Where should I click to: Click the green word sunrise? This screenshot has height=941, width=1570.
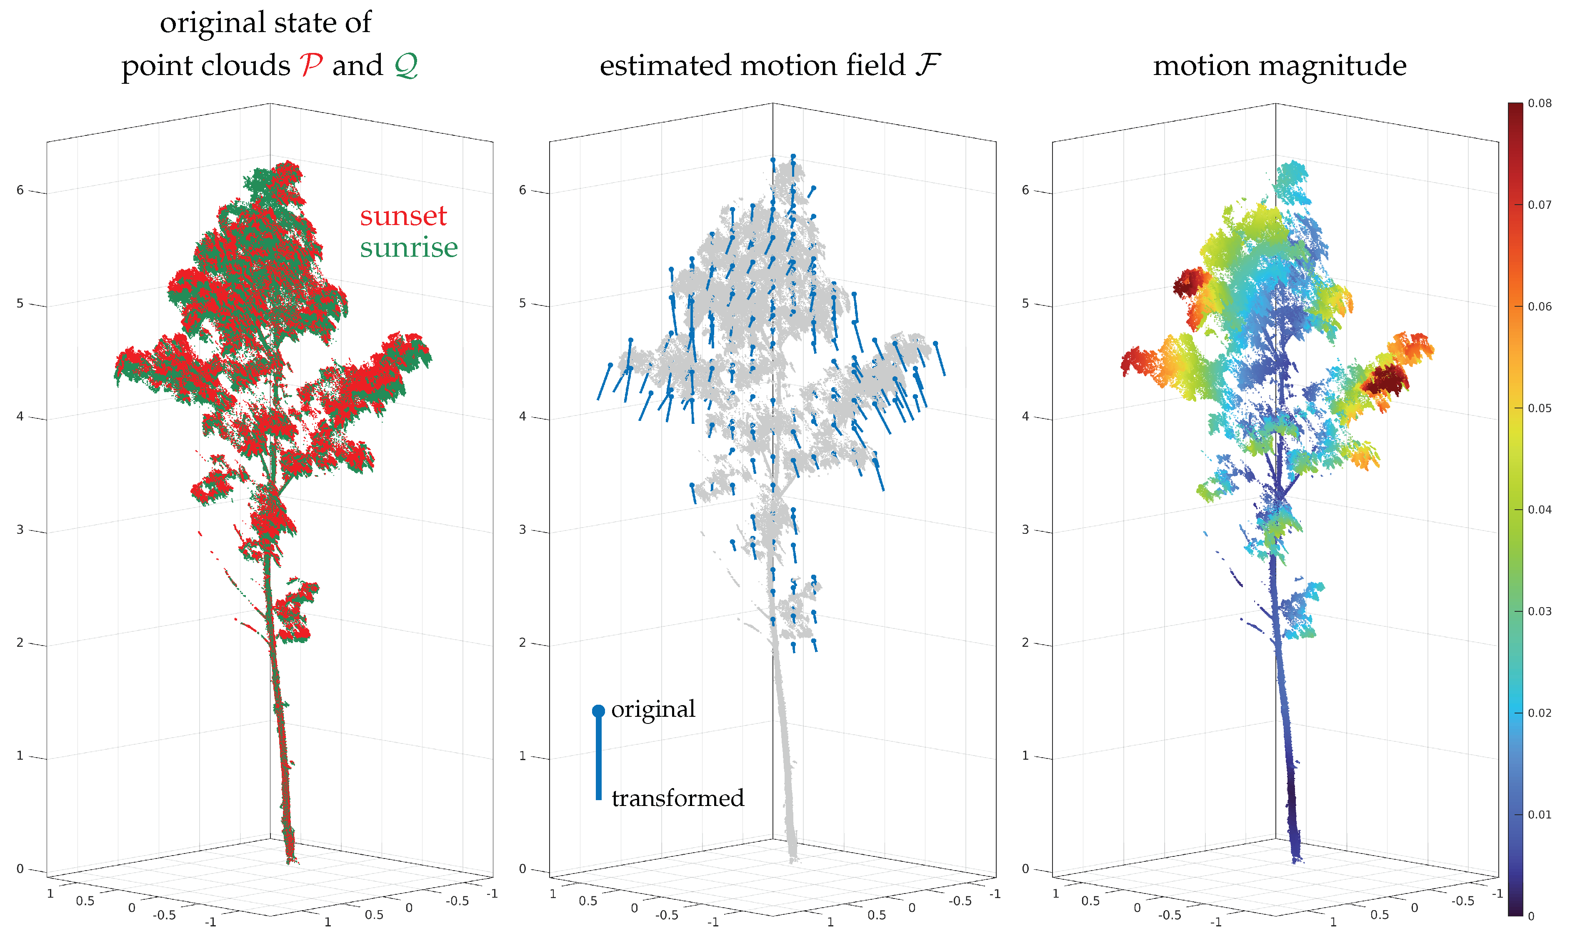pyautogui.click(x=408, y=247)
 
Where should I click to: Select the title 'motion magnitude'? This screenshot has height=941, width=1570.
pyautogui.click(x=1279, y=65)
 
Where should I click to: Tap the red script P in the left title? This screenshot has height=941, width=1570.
pyautogui.click(x=310, y=65)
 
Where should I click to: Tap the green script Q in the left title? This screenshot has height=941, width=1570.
pyautogui.click(x=406, y=65)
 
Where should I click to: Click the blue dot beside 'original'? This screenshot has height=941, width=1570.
pyautogui.click(x=597, y=711)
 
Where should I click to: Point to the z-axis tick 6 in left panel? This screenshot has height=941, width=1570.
pyautogui.click(x=20, y=190)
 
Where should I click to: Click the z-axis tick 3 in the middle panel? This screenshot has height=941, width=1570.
pyautogui.click(x=523, y=530)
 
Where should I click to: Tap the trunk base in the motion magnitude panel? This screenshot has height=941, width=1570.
pyautogui.click(x=1295, y=853)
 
